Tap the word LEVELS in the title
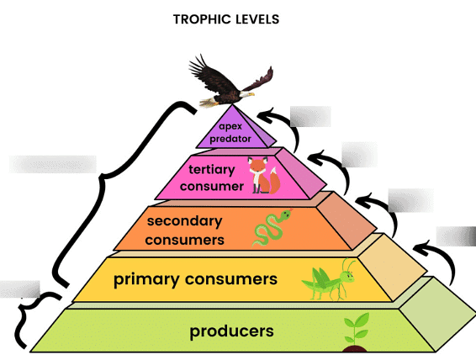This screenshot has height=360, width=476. (257, 19)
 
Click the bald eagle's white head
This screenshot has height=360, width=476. (246, 94)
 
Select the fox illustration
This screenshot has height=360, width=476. (263, 176)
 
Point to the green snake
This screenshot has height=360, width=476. (271, 227)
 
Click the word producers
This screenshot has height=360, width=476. (231, 331)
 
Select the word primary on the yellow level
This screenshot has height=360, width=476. (146, 279)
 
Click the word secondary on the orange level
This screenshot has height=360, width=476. (184, 221)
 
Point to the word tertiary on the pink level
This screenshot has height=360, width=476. (212, 170)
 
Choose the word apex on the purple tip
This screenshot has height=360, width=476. (230, 126)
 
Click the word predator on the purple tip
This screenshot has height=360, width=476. (230, 139)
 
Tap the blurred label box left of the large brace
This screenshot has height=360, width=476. (53, 164)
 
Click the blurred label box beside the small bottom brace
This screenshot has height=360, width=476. (20, 289)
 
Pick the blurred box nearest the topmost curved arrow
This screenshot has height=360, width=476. (310, 116)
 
